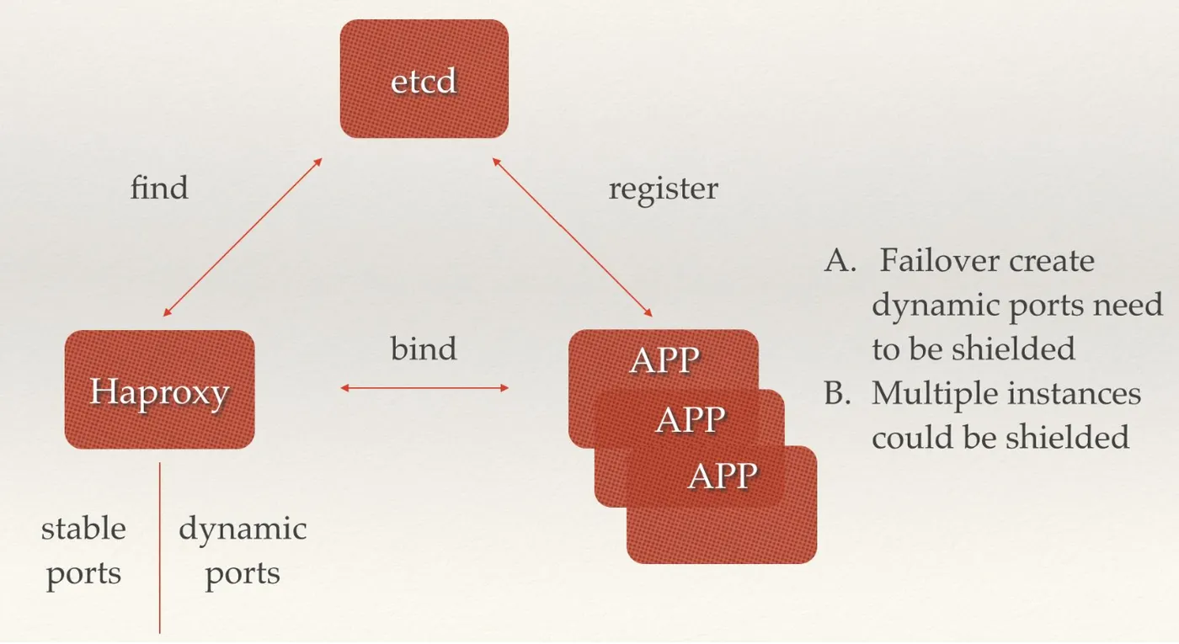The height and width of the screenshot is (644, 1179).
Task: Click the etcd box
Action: point(424,79)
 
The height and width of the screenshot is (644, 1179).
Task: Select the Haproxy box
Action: point(159,390)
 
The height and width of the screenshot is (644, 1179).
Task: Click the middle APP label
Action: point(690,418)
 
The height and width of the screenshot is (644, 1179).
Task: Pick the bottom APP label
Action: point(722,476)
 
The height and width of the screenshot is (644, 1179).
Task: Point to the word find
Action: point(159,187)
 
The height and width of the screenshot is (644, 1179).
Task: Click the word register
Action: point(663,188)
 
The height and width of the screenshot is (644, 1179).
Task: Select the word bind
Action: point(424,348)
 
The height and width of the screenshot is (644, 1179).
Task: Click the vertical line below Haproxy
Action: point(159,547)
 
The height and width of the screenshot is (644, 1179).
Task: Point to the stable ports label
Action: point(83,551)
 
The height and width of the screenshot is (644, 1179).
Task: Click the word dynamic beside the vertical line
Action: point(243,529)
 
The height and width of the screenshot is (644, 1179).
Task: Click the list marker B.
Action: point(837,393)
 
